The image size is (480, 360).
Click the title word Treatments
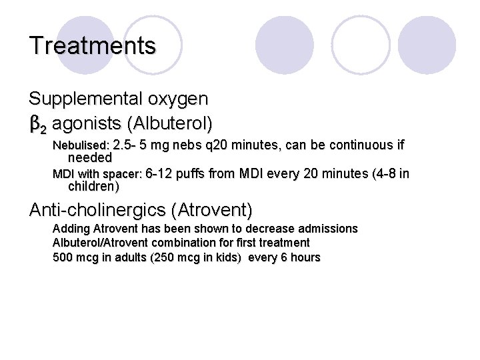point(93,46)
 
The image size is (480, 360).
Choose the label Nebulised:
point(81,145)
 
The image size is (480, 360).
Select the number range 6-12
point(159,175)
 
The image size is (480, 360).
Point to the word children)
point(94,186)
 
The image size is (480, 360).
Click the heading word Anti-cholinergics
point(98,211)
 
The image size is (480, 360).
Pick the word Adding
point(70,229)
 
